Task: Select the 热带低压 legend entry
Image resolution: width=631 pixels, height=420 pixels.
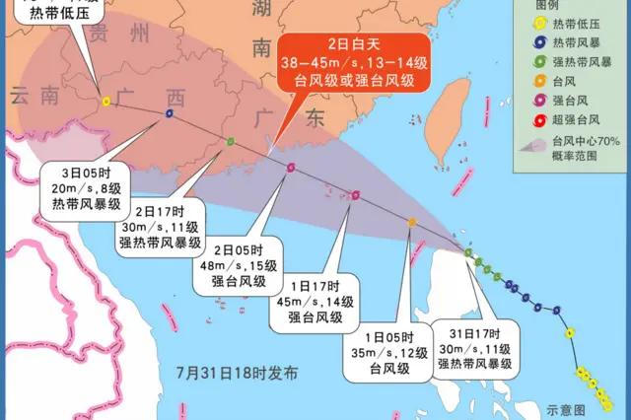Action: pyautogui.click(x=577, y=24)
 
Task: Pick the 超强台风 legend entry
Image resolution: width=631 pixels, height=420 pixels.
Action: pyautogui.click(x=577, y=120)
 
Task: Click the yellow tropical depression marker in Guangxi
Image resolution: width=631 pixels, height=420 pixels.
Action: pyautogui.click(x=105, y=101)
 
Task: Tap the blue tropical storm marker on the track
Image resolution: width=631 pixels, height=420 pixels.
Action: pyautogui.click(x=170, y=113)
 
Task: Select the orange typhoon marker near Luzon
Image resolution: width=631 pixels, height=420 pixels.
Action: pyautogui.click(x=412, y=223)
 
